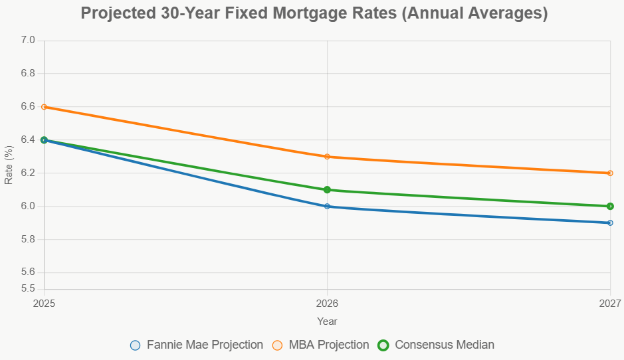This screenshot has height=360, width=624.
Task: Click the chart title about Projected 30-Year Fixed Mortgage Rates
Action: [314, 13]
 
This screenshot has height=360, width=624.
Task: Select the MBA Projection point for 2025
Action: [44, 107]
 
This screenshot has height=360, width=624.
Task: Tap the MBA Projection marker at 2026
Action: [327, 157]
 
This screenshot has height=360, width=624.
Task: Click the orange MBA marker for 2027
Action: [610, 173]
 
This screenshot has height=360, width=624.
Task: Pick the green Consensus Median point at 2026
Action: [327, 190]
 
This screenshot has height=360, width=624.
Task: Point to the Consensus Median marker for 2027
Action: [610, 207]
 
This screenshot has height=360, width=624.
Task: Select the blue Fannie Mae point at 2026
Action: [327, 207]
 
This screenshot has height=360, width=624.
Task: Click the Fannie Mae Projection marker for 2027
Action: [610, 223]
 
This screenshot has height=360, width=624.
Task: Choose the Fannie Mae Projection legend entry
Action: [197, 345]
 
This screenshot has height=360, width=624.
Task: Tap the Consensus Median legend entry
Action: [436, 345]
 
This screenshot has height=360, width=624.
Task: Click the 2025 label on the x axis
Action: [44, 304]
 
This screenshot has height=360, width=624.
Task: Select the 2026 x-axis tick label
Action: [327, 304]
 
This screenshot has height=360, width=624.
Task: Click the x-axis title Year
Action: [327, 321]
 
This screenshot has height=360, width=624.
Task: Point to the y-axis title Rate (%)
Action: [9, 165]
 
